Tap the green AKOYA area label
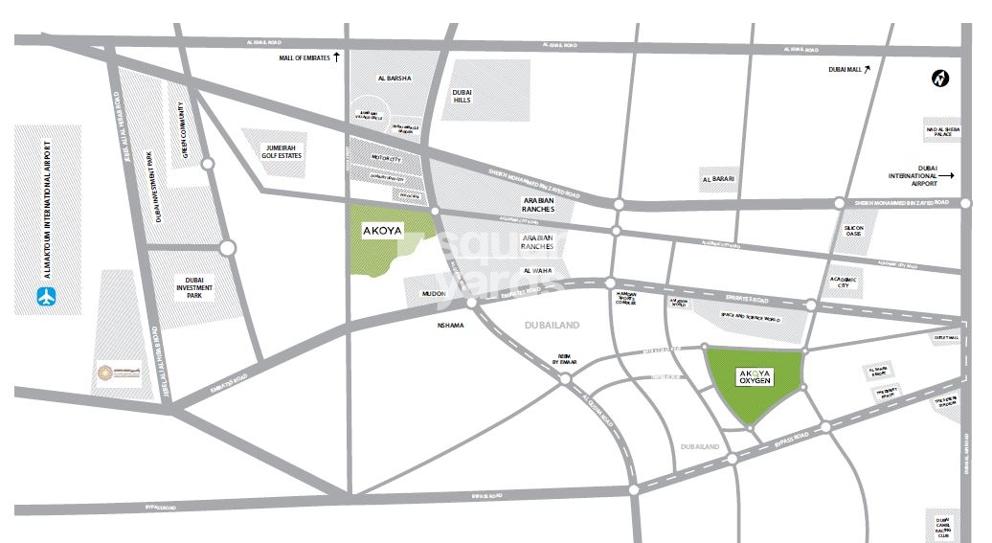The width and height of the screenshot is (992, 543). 382,231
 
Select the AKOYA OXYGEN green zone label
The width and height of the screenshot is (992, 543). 755,377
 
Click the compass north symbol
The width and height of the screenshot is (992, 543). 939,79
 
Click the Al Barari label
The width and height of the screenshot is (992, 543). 717,179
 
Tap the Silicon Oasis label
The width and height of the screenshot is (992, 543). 853,233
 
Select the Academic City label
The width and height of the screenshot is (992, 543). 845,281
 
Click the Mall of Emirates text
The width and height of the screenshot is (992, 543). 304,58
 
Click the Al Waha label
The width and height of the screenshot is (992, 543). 538,271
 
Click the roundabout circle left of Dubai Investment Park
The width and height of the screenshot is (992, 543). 227,248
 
